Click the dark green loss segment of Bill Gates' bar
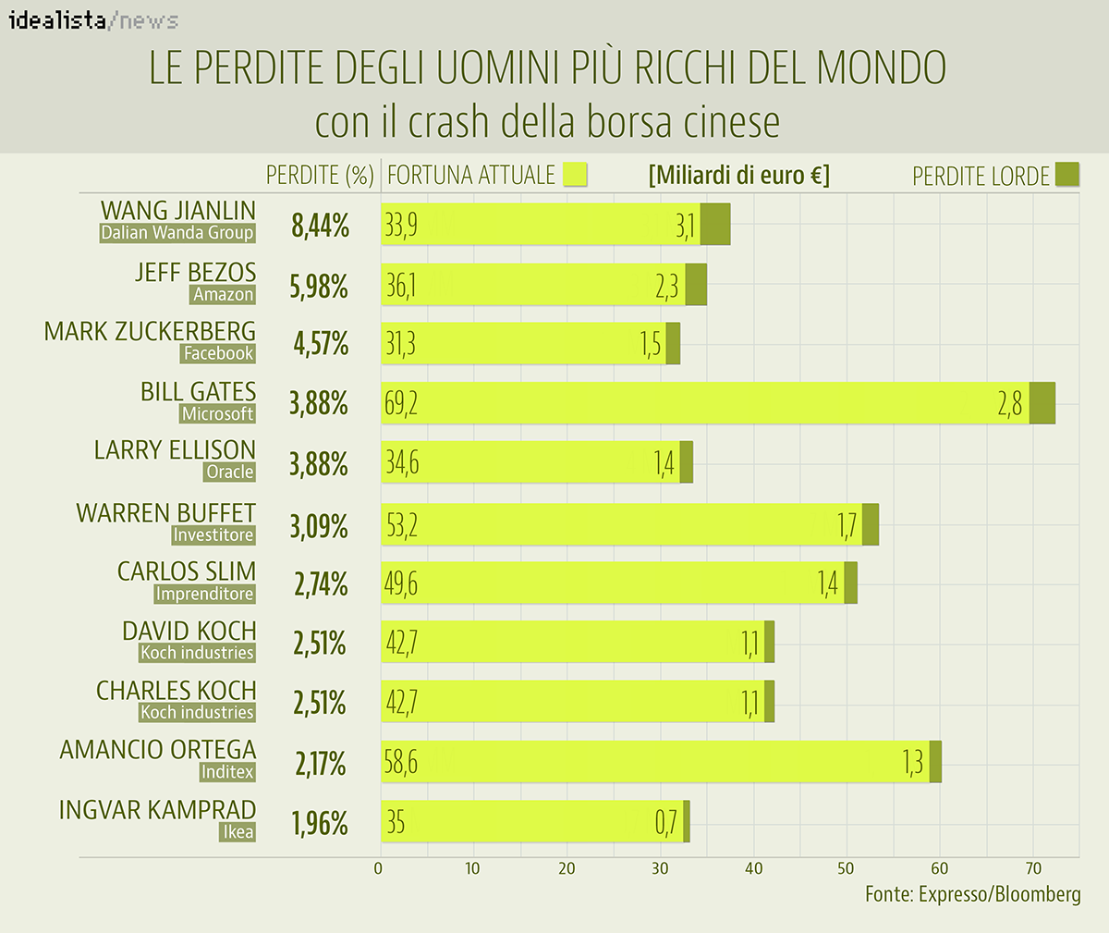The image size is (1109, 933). (x=1042, y=403)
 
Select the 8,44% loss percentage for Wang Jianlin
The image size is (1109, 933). (x=320, y=225)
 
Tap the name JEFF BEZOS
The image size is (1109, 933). (x=195, y=272)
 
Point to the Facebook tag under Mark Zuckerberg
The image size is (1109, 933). (x=218, y=353)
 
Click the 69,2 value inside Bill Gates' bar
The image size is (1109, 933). (x=401, y=403)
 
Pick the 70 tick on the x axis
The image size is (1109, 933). (x=1033, y=868)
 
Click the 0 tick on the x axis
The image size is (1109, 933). (x=378, y=868)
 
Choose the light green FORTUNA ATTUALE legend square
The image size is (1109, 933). (x=575, y=175)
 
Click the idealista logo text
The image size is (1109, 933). (x=57, y=19)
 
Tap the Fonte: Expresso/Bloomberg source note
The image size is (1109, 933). (x=972, y=894)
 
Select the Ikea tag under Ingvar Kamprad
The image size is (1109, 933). (x=238, y=832)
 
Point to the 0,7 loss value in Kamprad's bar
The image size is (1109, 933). (x=666, y=822)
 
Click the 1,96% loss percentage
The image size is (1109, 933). (x=320, y=823)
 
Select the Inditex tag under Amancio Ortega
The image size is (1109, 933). (x=226, y=772)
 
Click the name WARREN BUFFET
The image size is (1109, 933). (x=166, y=512)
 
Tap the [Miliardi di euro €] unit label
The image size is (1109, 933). (x=739, y=175)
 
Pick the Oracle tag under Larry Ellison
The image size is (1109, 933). (x=229, y=472)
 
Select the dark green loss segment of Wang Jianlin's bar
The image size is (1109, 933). (x=715, y=224)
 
